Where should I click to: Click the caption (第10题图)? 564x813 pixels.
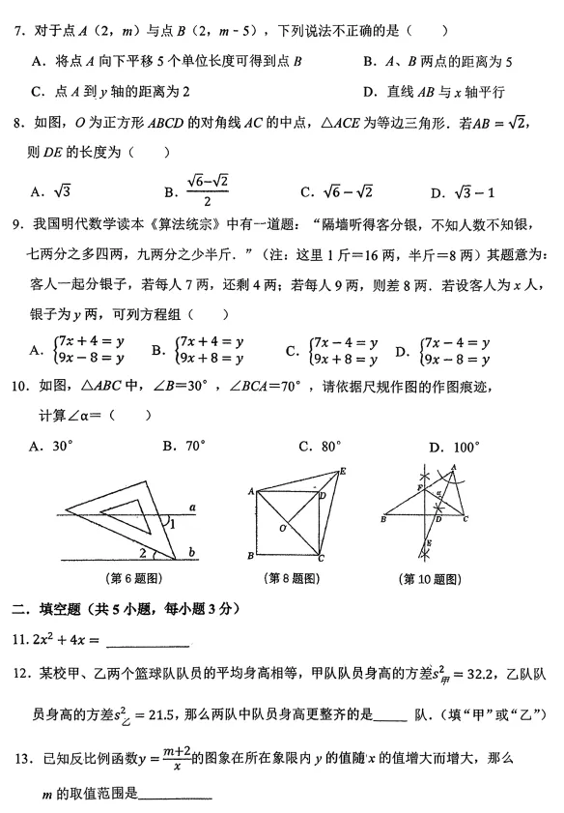pyautogui.click(x=427, y=579)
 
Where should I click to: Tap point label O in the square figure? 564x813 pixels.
pyautogui.click(x=282, y=528)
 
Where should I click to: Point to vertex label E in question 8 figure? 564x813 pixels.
pyautogui.click(x=344, y=472)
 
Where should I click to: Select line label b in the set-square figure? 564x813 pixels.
pyautogui.click(x=193, y=551)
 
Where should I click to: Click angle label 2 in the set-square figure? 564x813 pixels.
pyautogui.click(x=143, y=552)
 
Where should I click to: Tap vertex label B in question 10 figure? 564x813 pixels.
pyautogui.click(x=383, y=520)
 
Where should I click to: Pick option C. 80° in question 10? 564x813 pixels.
pyautogui.click(x=319, y=447)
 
